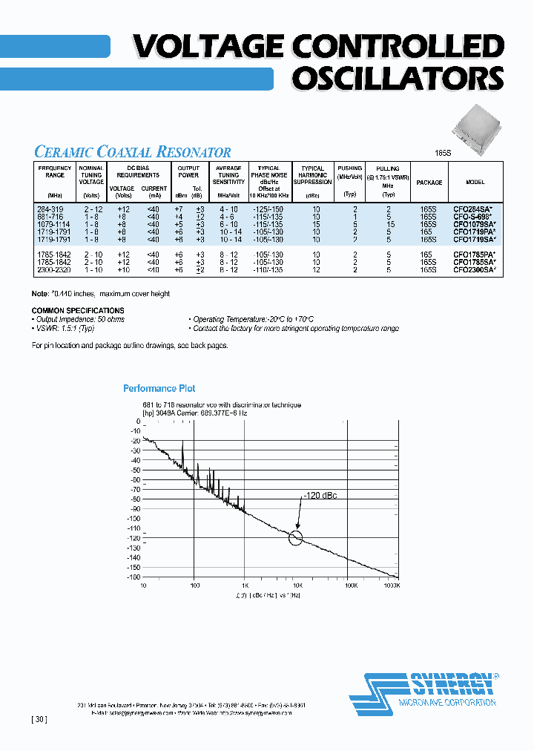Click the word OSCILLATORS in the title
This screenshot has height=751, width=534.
(398, 77)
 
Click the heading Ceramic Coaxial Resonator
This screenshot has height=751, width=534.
(133, 152)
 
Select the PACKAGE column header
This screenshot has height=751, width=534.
(429, 183)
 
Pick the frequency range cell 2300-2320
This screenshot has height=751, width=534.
(50, 271)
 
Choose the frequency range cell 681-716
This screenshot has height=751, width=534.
(50, 216)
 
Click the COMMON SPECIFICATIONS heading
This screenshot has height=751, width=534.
(78, 311)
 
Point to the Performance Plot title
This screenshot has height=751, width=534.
(159, 388)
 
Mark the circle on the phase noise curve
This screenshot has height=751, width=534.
(296, 537)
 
